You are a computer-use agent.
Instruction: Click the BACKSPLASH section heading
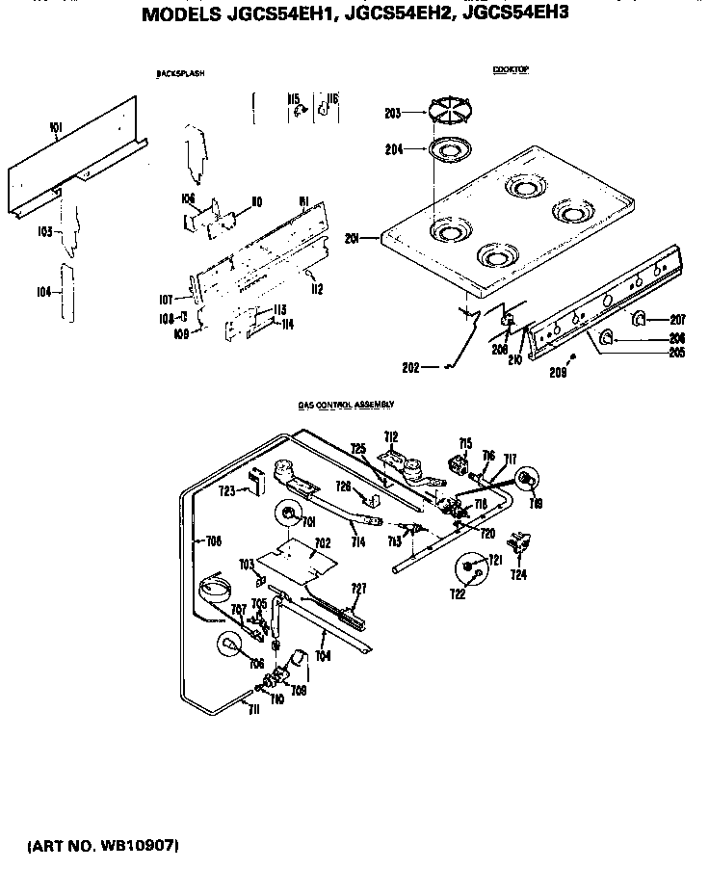click(180, 74)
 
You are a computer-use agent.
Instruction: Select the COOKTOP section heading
click(511, 70)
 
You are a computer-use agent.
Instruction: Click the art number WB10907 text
click(103, 846)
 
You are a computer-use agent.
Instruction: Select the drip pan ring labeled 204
click(447, 149)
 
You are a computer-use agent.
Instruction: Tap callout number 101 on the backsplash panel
click(54, 127)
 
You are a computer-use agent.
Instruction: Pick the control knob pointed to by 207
click(638, 319)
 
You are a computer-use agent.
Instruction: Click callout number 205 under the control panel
click(677, 353)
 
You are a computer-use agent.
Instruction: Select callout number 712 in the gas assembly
click(391, 436)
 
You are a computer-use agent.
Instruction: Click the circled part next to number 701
click(288, 516)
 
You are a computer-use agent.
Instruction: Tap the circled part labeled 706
click(229, 647)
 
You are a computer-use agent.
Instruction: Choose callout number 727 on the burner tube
click(358, 588)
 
